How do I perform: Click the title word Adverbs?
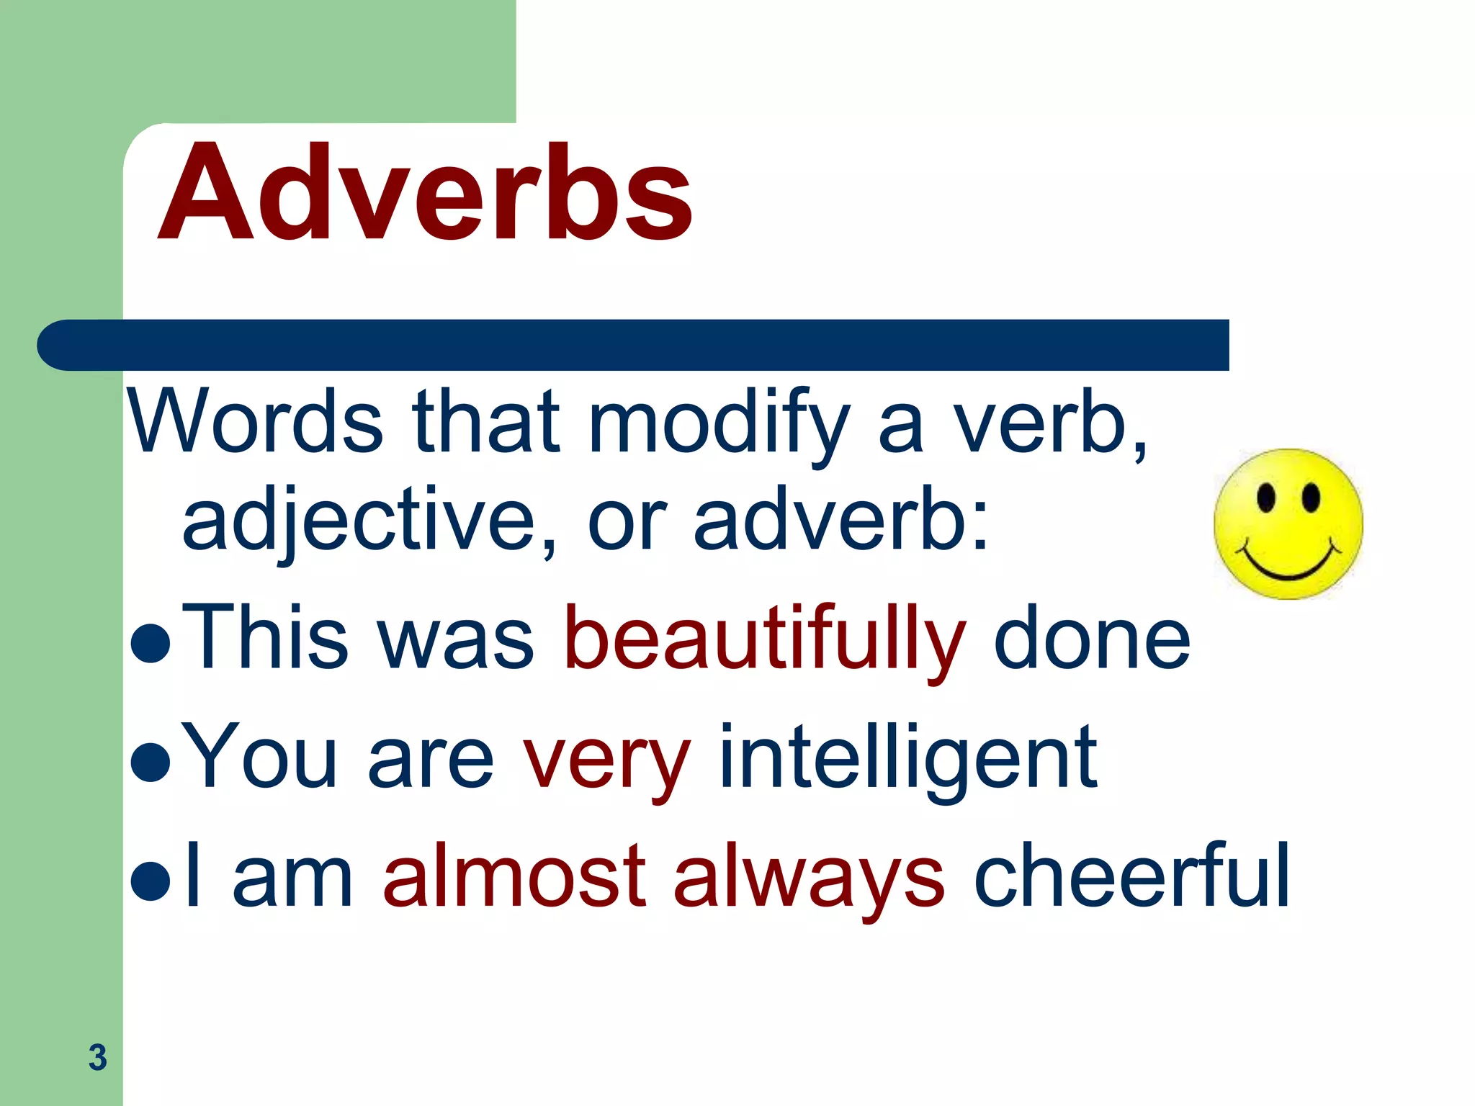425,193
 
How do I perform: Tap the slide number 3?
97,1057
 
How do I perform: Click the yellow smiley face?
1288,524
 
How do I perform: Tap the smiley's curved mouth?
1288,565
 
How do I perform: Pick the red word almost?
514,876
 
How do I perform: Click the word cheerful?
1131,876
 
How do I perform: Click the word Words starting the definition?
255,423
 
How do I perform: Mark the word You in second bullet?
259,758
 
